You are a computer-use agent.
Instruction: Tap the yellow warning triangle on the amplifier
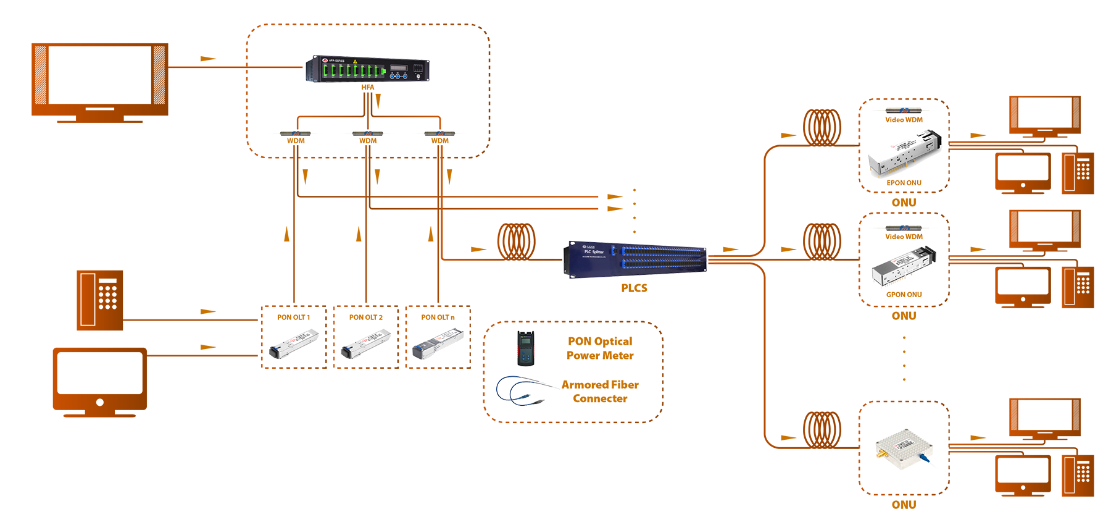(356, 61)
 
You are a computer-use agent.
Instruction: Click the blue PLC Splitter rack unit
(636, 258)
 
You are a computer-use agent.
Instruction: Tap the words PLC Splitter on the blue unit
(594, 252)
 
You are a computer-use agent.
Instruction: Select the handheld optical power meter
(525, 348)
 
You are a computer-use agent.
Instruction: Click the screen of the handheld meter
(525, 339)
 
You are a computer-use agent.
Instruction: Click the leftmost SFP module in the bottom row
(294, 343)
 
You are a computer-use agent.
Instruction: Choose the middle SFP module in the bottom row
(366, 343)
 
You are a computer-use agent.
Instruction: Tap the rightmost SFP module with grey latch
(438, 342)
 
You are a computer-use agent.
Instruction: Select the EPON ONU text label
(904, 183)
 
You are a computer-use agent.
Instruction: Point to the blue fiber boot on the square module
(924, 458)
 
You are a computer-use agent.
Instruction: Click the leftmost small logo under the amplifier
(295, 133)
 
